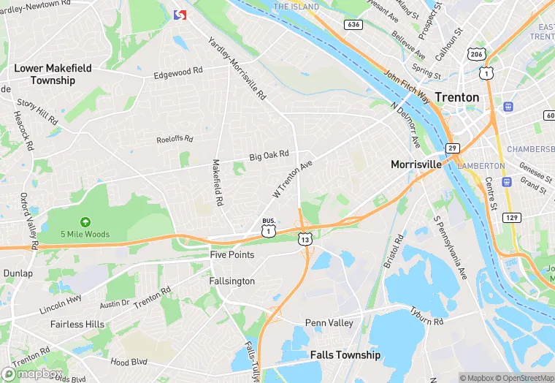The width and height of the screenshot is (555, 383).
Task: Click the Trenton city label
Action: click(457, 97)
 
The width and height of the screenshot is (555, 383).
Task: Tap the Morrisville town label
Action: click(416, 164)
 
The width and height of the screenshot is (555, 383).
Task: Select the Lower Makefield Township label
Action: click(54, 74)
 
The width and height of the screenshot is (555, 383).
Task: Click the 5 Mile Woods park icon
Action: click(85, 221)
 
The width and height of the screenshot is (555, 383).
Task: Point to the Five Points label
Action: click(232, 255)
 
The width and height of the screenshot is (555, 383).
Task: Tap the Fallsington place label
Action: click(232, 281)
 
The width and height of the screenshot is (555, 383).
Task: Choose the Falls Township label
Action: click(345, 354)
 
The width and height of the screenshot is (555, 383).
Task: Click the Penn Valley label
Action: click(329, 322)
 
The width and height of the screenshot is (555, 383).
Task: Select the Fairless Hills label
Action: click(77, 324)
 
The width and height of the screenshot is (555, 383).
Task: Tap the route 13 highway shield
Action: click(305, 239)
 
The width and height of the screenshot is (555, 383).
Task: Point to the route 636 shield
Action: click(354, 24)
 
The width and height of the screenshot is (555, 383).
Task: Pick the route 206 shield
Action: click(475, 55)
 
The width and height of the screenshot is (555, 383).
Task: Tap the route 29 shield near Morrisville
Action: click(453, 149)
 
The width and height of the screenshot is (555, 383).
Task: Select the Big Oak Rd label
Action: click(269, 156)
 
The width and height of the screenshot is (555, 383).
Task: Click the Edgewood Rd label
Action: click(177, 73)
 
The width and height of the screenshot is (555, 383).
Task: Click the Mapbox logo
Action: click(32, 373)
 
